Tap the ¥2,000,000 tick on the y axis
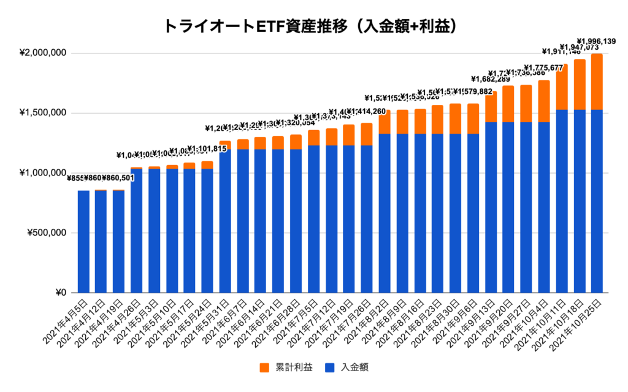coord(43,53)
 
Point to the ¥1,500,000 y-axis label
coord(43,113)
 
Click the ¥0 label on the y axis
coord(58,293)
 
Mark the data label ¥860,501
coord(118,178)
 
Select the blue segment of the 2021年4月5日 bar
coord(83,242)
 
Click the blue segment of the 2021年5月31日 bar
coord(225,221)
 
